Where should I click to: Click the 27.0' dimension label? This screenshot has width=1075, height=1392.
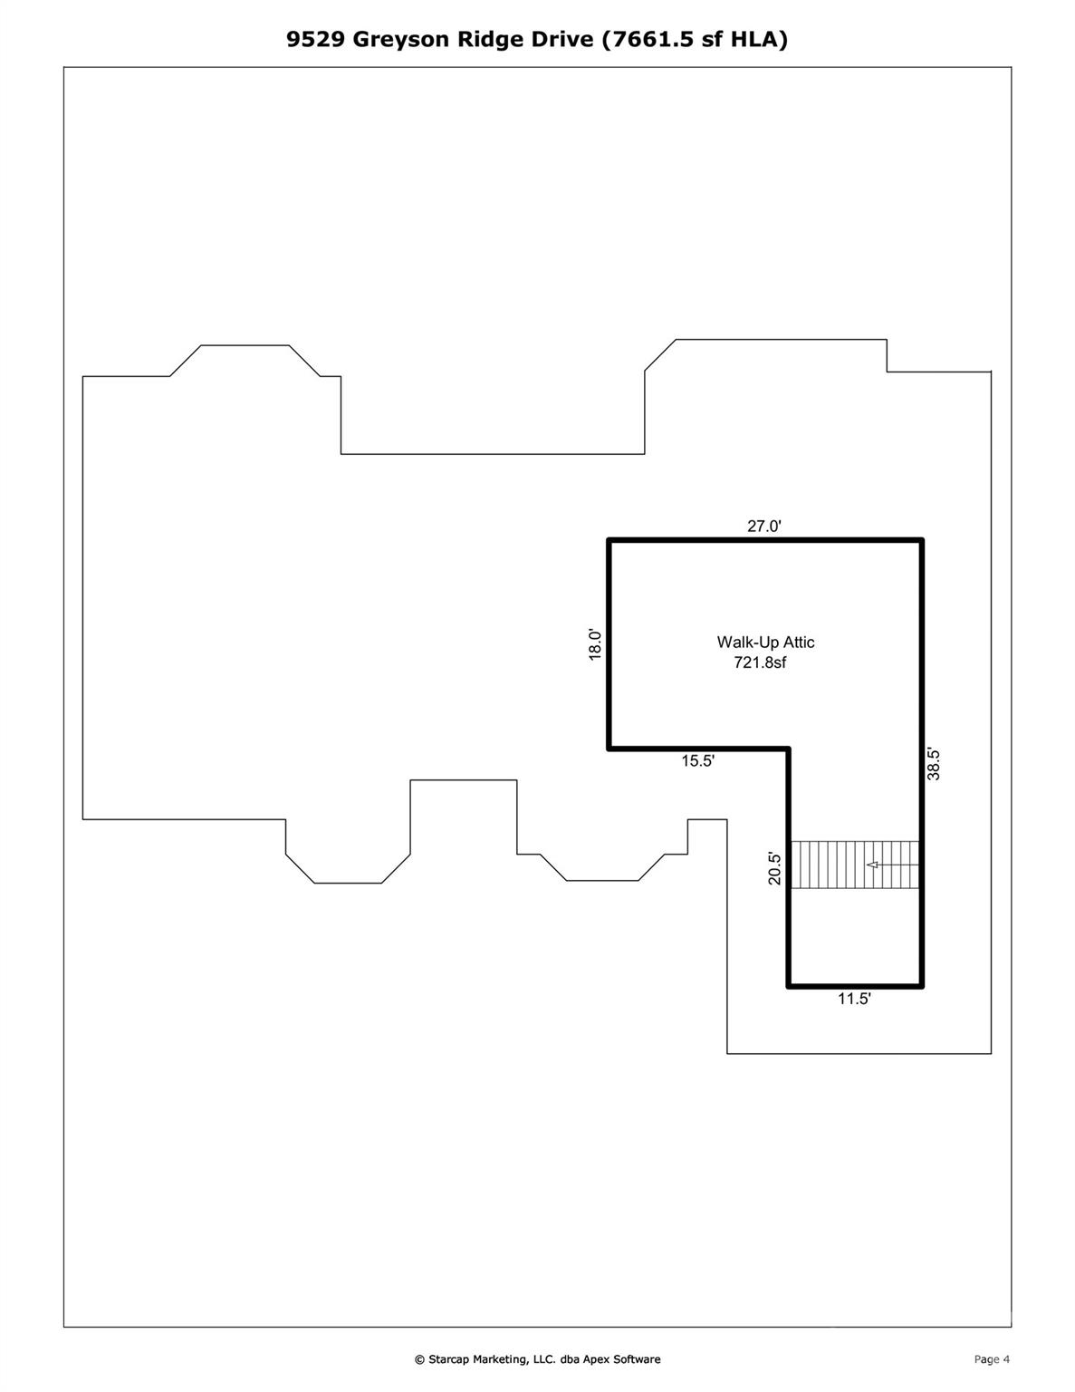763,526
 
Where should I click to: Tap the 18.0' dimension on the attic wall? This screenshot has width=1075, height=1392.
595,644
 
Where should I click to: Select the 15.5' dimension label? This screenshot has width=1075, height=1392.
698,761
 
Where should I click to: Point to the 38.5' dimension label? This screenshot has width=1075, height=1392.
935,764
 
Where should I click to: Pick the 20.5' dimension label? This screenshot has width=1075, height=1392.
775,868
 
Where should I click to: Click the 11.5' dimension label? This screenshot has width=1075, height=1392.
854,999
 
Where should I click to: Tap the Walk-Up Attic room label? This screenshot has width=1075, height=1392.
765,642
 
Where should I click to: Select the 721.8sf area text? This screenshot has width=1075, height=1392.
760,662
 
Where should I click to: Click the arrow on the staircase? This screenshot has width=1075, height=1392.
873,865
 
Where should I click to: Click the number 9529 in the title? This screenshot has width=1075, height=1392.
316,39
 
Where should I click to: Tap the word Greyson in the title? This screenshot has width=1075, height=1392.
402,39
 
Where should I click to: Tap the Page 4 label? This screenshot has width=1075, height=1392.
992,1359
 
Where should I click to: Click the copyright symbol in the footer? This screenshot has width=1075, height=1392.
419,1359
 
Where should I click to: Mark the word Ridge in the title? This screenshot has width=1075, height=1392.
492,39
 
